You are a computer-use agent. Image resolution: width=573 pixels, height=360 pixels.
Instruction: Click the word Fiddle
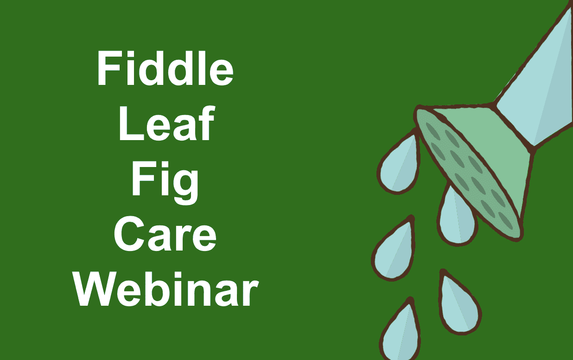pos(165,68)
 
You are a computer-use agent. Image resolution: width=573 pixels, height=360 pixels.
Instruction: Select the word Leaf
pos(166,123)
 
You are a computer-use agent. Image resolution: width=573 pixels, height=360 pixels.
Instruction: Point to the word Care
pos(165,234)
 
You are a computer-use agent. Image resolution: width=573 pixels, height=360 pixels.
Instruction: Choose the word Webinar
pos(166,289)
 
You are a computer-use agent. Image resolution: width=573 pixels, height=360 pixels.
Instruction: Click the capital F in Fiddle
pos(109,68)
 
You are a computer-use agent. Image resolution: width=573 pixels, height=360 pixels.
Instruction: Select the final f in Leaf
pos(207,123)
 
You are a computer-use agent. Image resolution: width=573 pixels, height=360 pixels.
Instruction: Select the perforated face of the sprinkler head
pos(468,174)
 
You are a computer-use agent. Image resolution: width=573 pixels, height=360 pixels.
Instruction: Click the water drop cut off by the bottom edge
pos(400,333)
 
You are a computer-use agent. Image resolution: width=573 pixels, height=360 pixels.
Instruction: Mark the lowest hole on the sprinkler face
pos(506,221)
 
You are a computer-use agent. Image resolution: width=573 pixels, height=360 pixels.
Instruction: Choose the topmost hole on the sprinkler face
pos(433,131)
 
